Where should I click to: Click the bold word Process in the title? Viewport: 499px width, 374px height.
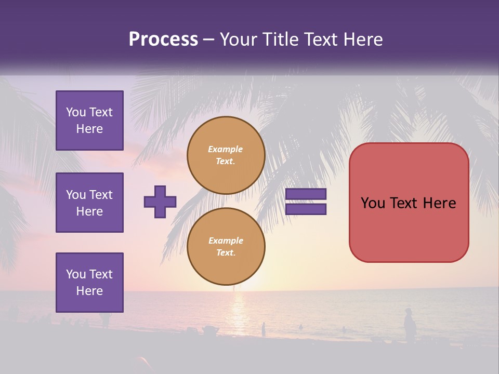pyautogui.click(x=163, y=39)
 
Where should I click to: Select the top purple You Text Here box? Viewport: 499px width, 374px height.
pyautogui.click(x=89, y=121)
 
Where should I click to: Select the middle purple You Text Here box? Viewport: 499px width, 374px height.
pyautogui.click(x=89, y=203)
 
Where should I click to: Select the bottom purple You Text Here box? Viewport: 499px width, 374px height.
pyautogui.click(x=89, y=283)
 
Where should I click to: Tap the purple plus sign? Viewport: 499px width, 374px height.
pyautogui.click(x=160, y=202)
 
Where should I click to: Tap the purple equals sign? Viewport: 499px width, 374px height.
pyautogui.click(x=306, y=202)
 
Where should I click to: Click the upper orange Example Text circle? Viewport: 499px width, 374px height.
pyautogui.click(x=226, y=155)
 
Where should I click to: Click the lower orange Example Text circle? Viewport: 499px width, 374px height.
pyautogui.click(x=226, y=247)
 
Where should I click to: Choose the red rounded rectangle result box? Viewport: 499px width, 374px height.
pyautogui.click(x=409, y=203)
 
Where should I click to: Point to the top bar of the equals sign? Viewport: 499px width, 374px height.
pyautogui.click(x=306, y=194)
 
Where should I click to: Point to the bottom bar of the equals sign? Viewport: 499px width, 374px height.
pyautogui.click(x=306, y=209)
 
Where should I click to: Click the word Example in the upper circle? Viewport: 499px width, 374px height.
pyautogui.click(x=226, y=150)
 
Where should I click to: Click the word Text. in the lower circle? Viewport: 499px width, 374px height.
pyautogui.click(x=226, y=253)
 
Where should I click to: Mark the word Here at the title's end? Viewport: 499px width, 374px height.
pyautogui.click(x=363, y=39)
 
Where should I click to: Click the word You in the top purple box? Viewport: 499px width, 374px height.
pyautogui.click(x=76, y=112)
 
